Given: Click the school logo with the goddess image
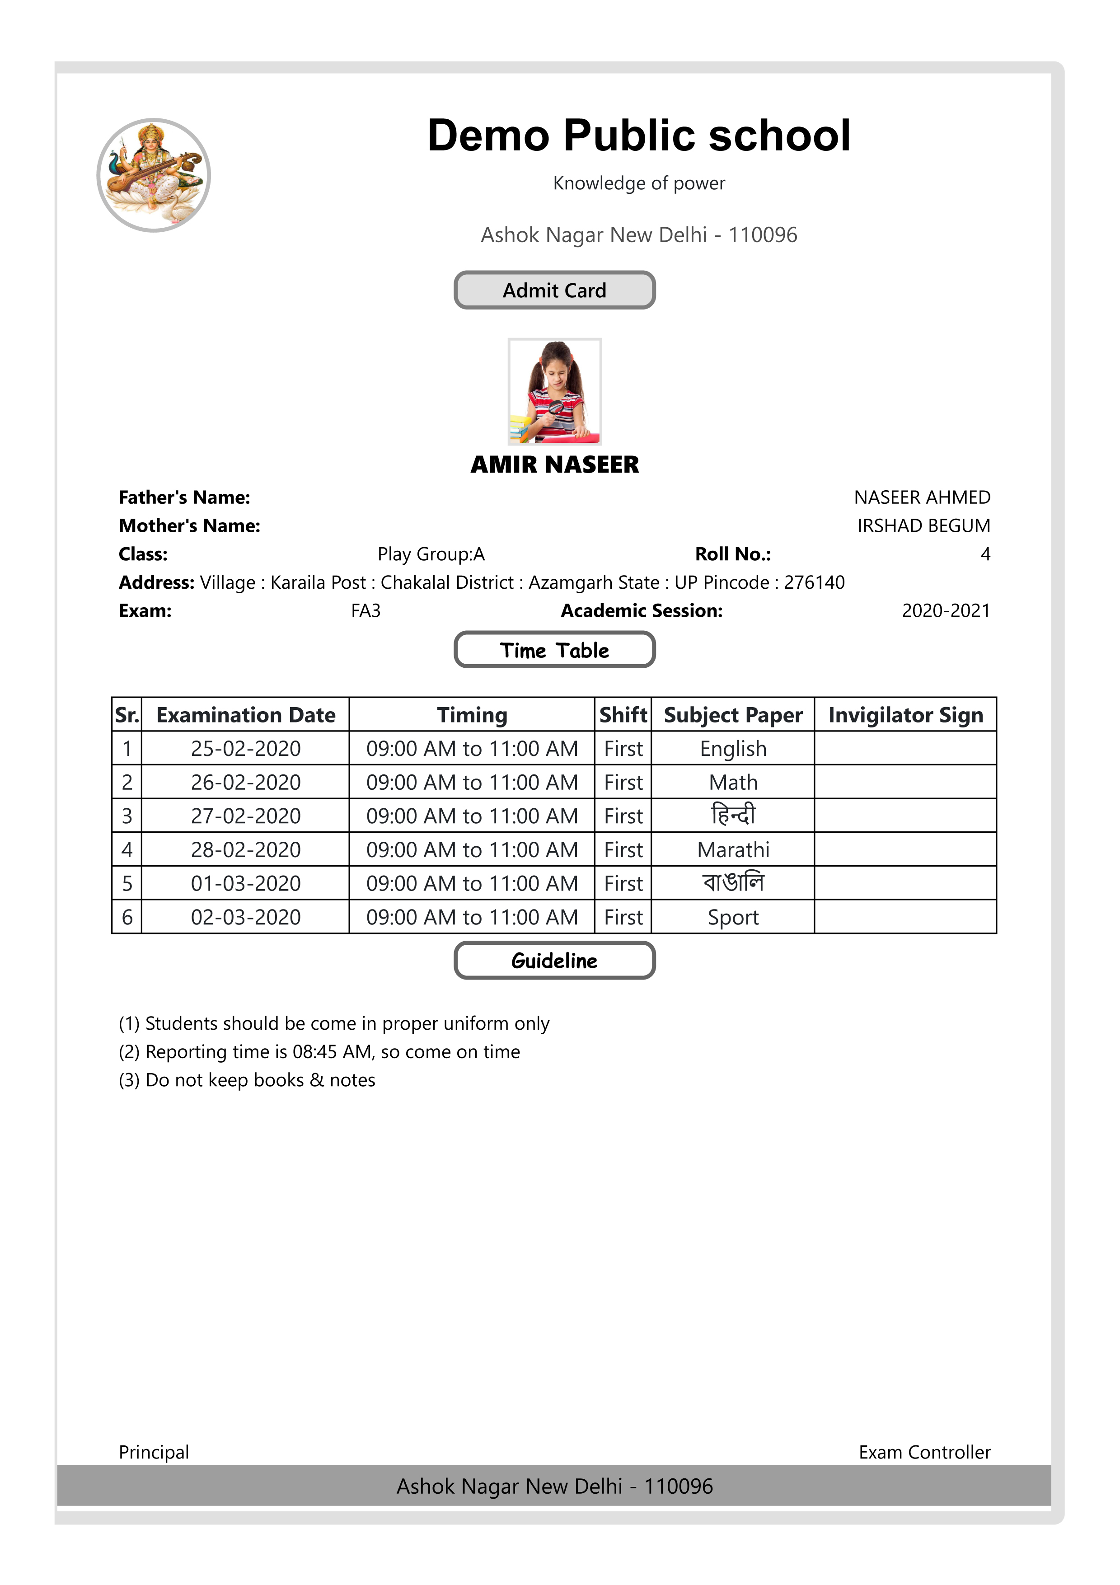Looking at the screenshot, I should click(153, 175).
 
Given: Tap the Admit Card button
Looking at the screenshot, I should click(554, 290).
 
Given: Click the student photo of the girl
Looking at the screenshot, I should click(554, 391).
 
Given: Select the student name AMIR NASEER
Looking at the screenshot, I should click(554, 464).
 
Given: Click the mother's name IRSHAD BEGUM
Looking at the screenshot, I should click(923, 526).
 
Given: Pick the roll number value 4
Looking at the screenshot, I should click(985, 554).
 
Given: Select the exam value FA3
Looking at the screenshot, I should click(366, 611).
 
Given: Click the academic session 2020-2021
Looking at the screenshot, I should click(946, 611).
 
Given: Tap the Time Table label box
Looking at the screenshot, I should click(554, 650).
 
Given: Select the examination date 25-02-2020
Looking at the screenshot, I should click(246, 749).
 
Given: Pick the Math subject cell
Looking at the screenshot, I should click(733, 783).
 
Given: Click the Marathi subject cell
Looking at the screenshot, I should click(733, 850).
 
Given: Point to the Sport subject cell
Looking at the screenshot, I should click(733, 918).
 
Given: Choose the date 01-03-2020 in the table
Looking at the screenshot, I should click(246, 884).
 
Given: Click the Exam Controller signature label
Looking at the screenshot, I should click(924, 1453).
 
